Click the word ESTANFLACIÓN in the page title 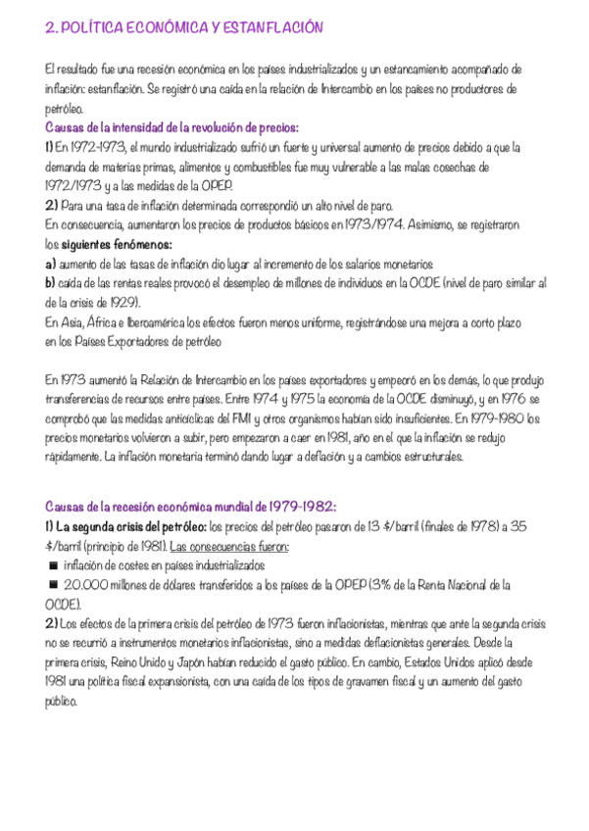point(276,30)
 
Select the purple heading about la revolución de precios point(172,128)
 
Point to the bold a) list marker point(51,265)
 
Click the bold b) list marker point(51,283)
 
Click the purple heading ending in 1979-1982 point(191,507)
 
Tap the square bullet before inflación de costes point(51,566)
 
